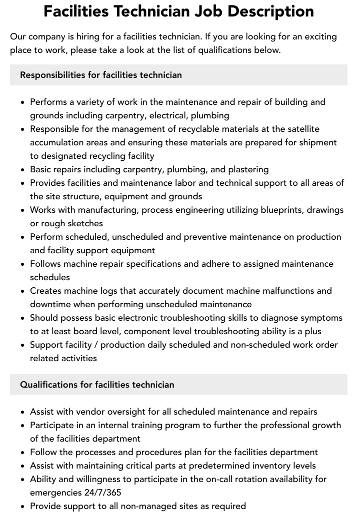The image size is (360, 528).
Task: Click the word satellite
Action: (301, 129)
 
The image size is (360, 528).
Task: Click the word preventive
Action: (212, 237)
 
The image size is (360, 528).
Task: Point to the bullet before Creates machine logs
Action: (23, 291)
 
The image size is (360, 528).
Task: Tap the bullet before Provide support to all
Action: (23, 507)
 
